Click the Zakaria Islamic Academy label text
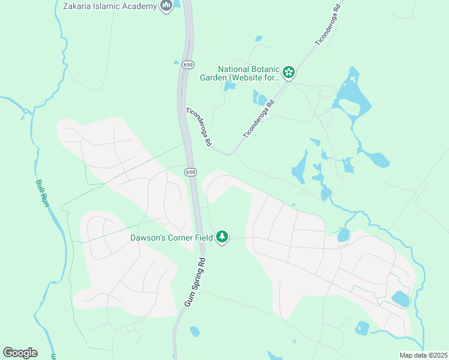pos(110,6)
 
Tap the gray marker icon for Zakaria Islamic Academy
pos(166,6)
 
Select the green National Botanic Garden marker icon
pos(289,73)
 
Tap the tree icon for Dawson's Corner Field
pos(223,237)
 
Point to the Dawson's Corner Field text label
pos(172,237)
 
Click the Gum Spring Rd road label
pos(194,283)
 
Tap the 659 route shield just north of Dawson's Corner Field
pos(190,172)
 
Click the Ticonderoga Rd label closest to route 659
pos(199,127)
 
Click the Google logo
pos(20,353)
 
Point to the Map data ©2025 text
pos(423,355)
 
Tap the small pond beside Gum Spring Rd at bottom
pos(194,331)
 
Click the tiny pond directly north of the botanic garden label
pos(258,39)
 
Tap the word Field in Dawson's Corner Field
pos(203,237)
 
